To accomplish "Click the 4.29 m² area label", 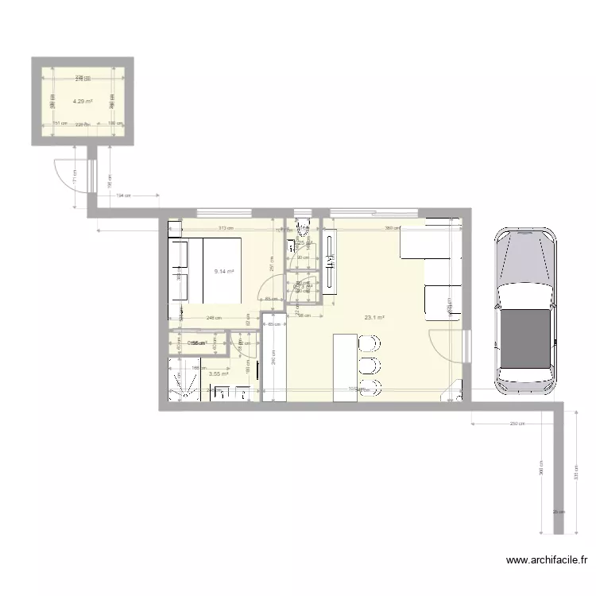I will [x=82, y=102].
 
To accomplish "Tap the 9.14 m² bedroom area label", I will [x=224, y=271].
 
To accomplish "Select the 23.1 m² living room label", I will [x=374, y=318].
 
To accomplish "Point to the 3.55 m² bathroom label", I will [x=219, y=373].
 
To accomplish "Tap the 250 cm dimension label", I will [x=517, y=424].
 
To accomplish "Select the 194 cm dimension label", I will [x=123, y=195].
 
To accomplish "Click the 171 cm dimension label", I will [x=74, y=182].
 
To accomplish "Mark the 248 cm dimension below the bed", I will [x=212, y=319].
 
